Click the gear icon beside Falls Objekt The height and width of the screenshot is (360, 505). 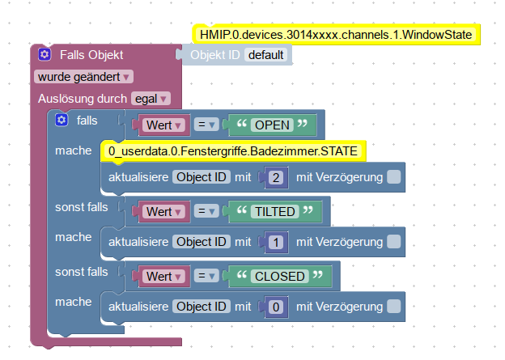point(44,55)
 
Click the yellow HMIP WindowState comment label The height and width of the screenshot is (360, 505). point(337,35)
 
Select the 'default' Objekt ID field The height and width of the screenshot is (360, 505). point(266,55)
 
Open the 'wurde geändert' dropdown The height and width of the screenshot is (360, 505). point(84,76)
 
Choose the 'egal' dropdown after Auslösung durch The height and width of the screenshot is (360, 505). point(151,98)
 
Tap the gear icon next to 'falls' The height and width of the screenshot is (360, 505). point(61,121)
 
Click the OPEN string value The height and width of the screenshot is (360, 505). point(270,125)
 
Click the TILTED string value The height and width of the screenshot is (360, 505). point(275,211)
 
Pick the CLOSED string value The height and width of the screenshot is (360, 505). point(280,276)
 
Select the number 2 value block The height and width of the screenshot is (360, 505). point(276,177)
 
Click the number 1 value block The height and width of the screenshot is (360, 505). point(276,242)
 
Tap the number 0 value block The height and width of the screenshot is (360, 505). point(276,307)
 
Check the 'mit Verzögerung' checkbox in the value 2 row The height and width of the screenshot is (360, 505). point(393,177)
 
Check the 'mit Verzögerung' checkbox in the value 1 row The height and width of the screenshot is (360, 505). point(393,242)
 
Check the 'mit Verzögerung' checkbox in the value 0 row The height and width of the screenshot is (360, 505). point(393,307)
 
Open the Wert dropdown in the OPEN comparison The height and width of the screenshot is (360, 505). point(165,125)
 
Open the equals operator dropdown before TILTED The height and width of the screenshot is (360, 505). point(207,211)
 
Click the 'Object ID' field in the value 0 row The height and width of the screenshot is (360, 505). point(202,307)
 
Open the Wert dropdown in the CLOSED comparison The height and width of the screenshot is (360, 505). point(165,276)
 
